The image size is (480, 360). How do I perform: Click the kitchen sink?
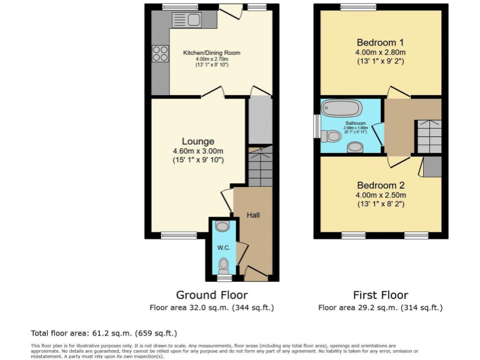[x=189, y=20]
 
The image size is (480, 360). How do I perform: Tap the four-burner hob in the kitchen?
[x=160, y=53]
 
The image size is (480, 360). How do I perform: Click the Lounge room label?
[x=197, y=141]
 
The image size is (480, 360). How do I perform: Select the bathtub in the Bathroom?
[x=342, y=108]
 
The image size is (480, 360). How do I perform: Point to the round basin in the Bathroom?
[x=355, y=148]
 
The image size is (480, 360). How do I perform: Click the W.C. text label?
[x=224, y=248]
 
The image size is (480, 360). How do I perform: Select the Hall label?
[x=253, y=215]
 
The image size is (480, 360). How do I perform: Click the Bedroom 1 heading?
[x=381, y=42]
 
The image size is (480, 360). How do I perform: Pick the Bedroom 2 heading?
[x=381, y=185]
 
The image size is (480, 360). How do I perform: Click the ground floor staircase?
[x=260, y=167]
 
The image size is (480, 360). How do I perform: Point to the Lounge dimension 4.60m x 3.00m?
[x=197, y=151]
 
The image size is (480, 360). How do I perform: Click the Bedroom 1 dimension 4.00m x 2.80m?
[x=381, y=52]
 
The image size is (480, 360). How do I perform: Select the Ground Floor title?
[x=211, y=295]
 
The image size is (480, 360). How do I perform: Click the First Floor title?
[x=380, y=295]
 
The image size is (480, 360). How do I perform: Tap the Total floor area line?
[x=104, y=333]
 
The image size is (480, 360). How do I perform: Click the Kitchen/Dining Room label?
[x=211, y=53]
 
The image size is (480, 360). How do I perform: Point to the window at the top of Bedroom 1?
[x=358, y=7]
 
